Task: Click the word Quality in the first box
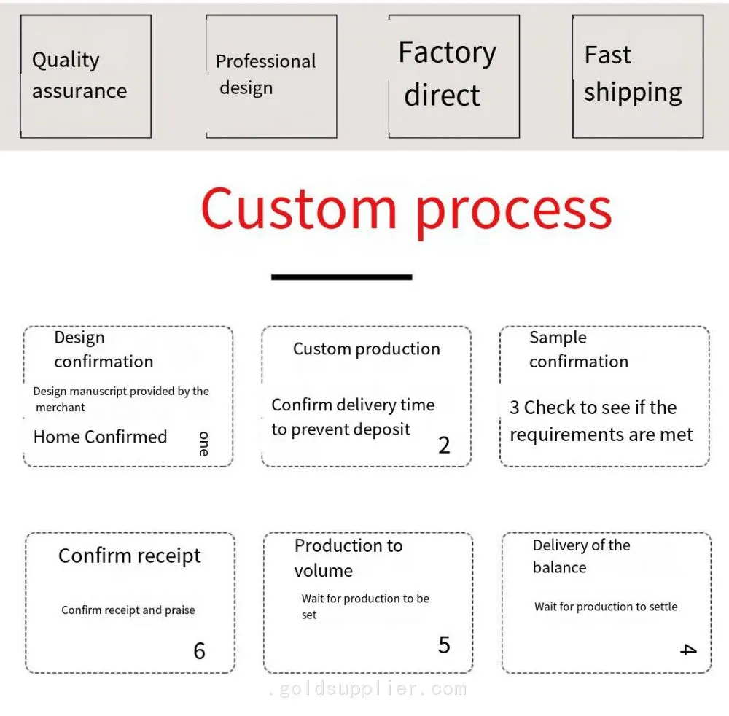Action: (x=66, y=60)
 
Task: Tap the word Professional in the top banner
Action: (x=265, y=61)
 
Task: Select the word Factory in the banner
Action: (x=448, y=52)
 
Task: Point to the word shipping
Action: (x=633, y=93)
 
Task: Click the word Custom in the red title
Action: (x=299, y=209)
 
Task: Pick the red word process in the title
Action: (x=514, y=213)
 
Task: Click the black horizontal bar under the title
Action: (x=342, y=277)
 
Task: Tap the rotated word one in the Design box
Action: (x=203, y=443)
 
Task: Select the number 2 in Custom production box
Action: (x=444, y=445)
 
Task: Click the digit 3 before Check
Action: (x=514, y=408)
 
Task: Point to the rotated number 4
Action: (x=688, y=650)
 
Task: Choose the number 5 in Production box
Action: (x=444, y=645)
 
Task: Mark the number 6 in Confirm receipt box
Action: (x=200, y=651)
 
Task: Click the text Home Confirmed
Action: (x=100, y=437)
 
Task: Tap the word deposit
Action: (x=381, y=430)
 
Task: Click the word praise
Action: (x=179, y=610)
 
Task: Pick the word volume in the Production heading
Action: (x=324, y=570)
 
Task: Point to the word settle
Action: (x=663, y=607)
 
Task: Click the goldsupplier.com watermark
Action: (x=367, y=688)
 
